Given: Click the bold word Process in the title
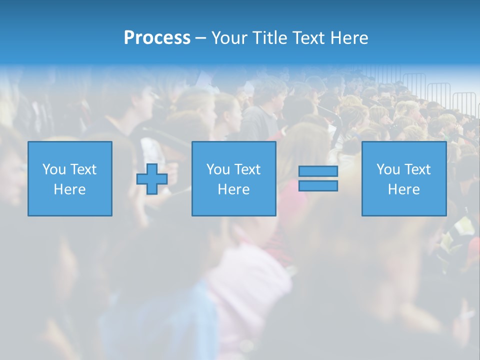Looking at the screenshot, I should coord(157,38).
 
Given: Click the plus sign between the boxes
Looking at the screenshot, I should coord(151,179).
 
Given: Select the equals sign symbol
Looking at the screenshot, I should coord(318,178).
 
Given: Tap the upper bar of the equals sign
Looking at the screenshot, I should coord(318,171).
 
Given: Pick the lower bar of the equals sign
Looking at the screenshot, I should coord(318,185).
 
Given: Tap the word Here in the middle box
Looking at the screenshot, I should coord(234,189).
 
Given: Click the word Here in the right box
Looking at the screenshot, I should coord(404,189).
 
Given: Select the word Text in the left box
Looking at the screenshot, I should coord(83,169).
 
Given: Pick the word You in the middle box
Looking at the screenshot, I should coord(218,169).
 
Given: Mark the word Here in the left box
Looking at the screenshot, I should coord(70,189).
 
